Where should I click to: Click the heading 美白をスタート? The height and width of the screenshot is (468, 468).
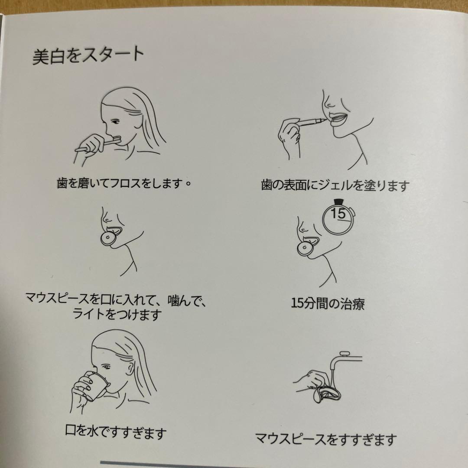pyautogui.click(x=88, y=55)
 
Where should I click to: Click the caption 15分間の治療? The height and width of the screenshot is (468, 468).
pyautogui.click(x=328, y=304)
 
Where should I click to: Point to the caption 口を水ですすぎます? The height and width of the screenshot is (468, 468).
pyautogui.click(x=116, y=432)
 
